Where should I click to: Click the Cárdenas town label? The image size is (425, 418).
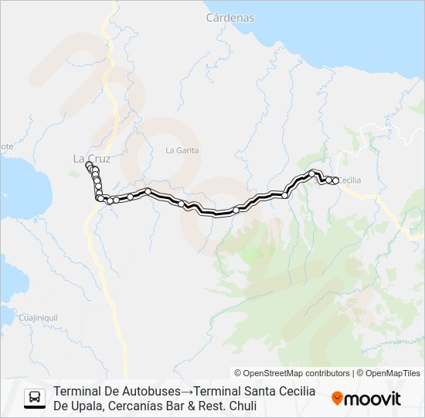(x=230, y=17)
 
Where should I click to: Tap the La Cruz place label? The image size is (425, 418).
(x=92, y=159)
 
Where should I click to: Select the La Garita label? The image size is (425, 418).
(x=182, y=149)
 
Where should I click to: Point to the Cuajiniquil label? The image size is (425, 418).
(x=38, y=317)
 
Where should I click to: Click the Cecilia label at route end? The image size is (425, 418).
(x=350, y=180)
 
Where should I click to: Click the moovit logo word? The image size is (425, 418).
(x=372, y=399)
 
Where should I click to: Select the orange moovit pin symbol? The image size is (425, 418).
(x=337, y=399)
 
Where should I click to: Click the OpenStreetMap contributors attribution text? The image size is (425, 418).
(x=292, y=373)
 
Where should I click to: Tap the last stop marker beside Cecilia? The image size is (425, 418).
(x=335, y=181)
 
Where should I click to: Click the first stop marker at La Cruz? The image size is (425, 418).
(x=88, y=166)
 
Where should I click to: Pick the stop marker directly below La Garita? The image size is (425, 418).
(x=148, y=191)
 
